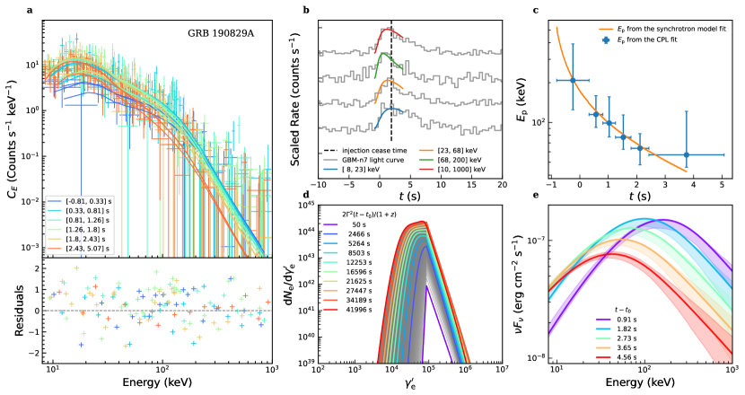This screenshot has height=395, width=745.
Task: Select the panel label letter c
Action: (x=536, y=11)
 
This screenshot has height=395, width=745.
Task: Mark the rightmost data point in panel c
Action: (x=687, y=154)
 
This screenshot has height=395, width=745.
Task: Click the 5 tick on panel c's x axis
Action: (x=723, y=186)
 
